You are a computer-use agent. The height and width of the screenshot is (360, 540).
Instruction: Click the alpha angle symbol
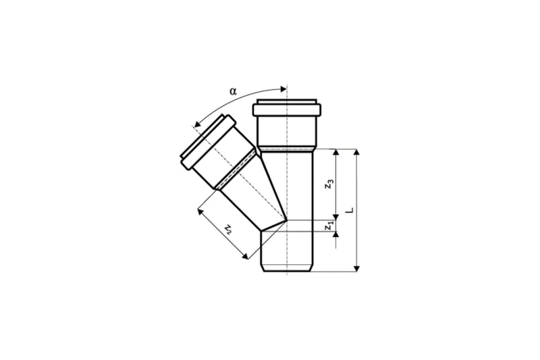pos(234,91)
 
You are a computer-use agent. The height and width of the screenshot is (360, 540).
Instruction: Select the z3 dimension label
pos(329,185)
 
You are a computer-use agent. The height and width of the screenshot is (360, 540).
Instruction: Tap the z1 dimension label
pos(329,226)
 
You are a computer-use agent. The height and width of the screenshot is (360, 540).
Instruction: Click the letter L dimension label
pos(350,210)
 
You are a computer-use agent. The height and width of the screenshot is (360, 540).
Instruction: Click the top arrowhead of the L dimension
pos(357,153)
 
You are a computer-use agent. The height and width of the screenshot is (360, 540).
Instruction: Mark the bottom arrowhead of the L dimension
pos(357,268)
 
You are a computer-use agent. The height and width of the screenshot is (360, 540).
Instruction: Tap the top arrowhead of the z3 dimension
pos(335,153)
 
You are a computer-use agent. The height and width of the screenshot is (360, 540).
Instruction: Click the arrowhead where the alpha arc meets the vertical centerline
pos(283,89)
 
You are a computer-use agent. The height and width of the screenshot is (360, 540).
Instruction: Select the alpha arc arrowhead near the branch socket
pos(197,124)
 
